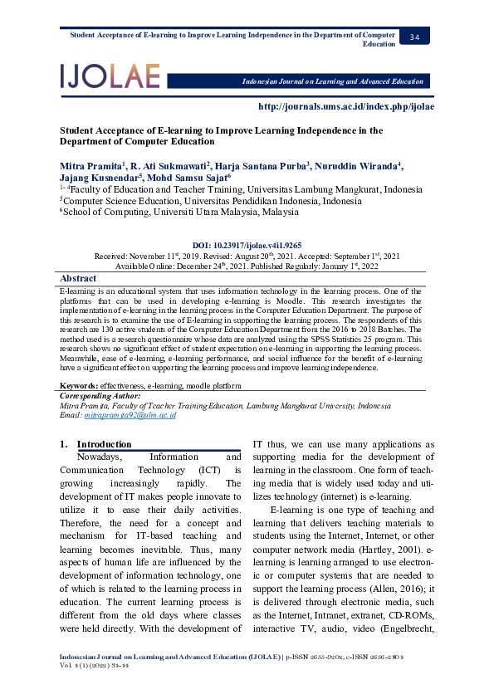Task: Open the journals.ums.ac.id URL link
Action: [x=346, y=106]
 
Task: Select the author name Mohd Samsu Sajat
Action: [x=187, y=178]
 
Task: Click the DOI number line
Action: [x=247, y=246]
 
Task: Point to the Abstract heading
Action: [x=78, y=278]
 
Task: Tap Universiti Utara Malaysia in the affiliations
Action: [x=198, y=212]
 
